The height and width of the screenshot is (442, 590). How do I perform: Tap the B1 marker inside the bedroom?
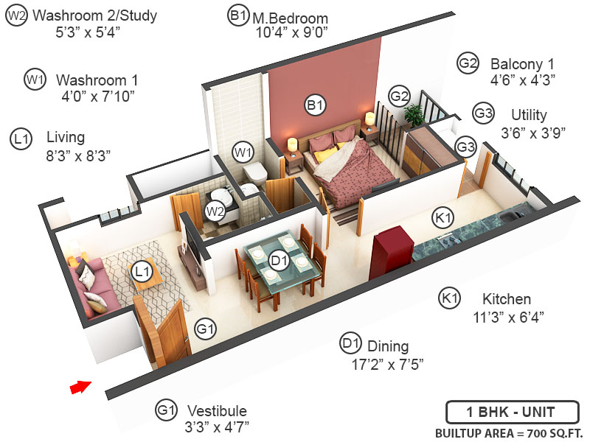(x=315, y=105)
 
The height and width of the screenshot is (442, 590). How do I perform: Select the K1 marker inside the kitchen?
(x=443, y=218)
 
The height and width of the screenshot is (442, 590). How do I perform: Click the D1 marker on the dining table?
(x=278, y=260)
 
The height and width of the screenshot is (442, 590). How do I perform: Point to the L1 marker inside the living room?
(x=142, y=273)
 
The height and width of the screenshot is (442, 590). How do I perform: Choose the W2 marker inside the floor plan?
(x=215, y=211)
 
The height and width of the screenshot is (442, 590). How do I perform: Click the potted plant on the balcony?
(x=414, y=114)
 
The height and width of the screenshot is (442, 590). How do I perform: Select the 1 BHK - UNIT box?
(x=510, y=411)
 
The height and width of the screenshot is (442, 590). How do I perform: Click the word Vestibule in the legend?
(x=217, y=410)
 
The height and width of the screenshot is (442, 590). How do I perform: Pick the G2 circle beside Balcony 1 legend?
(x=468, y=63)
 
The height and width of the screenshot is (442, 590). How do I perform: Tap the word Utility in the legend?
(x=529, y=115)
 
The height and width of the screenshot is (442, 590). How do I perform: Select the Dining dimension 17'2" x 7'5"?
(x=388, y=364)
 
